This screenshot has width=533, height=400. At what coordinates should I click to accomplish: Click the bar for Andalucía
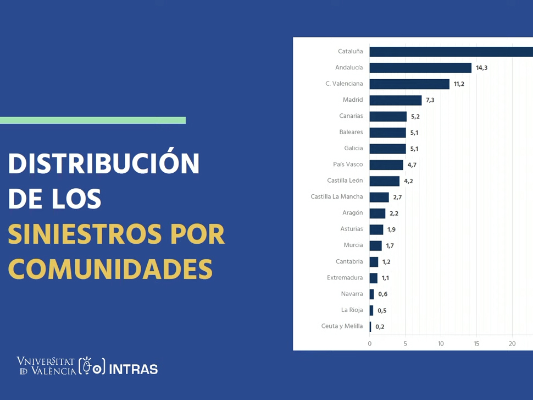[420, 68]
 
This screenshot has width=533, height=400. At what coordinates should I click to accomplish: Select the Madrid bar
[396, 100]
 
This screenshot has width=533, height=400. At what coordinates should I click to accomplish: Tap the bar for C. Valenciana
[409, 84]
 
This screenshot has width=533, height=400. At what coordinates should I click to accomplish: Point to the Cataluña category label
[350, 51]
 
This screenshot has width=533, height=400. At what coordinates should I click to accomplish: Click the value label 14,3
[481, 68]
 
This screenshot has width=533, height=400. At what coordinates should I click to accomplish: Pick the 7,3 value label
[430, 100]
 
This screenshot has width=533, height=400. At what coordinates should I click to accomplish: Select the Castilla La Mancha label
[336, 196]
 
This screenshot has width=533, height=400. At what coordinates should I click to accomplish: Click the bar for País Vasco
[386, 165]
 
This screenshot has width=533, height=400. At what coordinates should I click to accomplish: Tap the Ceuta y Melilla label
[342, 326]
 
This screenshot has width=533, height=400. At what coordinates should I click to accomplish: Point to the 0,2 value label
[380, 327]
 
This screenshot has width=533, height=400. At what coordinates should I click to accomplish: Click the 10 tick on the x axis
[441, 343]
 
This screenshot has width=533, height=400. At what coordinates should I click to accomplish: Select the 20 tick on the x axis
[512, 343]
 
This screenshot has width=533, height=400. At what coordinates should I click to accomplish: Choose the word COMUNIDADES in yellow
[110, 269]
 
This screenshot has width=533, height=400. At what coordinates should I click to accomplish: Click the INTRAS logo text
[133, 369]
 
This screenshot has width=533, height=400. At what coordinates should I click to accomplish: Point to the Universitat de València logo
[46, 366]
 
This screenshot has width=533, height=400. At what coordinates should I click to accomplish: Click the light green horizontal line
[93, 120]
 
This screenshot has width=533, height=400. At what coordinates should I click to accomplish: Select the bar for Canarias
[388, 117]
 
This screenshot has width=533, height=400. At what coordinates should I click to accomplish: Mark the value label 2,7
[397, 197]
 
